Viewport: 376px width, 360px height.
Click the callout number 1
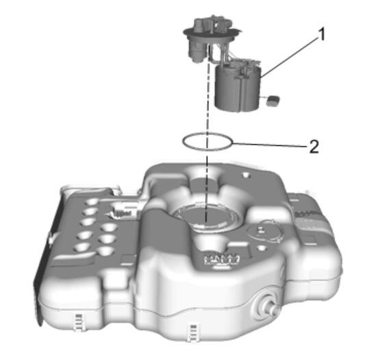pyautogui.click(x=322, y=34)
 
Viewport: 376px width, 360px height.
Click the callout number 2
pyautogui.click(x=314, y=146)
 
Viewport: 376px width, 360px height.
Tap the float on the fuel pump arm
pyautogui.click(x=273, y=100)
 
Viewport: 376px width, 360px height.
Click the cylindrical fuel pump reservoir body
pyautogui.click(x=237, y=89)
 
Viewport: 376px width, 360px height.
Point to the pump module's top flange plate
pyautogui.click(x=212, y=34)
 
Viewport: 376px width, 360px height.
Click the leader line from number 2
pyautogui.click(x=270, y=145)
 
